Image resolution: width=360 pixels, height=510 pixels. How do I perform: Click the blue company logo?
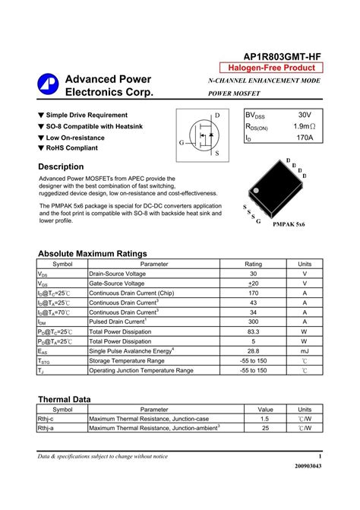click(x=47, y=85)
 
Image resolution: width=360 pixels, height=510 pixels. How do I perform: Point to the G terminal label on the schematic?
click(x=182, y=143)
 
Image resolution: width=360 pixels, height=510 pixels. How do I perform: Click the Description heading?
click(x=61, y=166)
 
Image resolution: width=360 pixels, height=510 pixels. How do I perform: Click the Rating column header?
click(x=253, y=264)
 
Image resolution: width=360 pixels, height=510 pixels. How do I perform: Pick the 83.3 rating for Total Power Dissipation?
click(x=253, y=331)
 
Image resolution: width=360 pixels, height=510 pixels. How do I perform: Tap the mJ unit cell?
click(x=305, y=351)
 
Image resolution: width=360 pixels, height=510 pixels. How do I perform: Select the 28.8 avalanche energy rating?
click(x=253, y=351)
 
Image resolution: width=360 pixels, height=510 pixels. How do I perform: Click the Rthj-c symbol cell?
click(x=46, y=419)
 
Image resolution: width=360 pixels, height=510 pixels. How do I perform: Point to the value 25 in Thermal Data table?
click(x=265, y=429)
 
